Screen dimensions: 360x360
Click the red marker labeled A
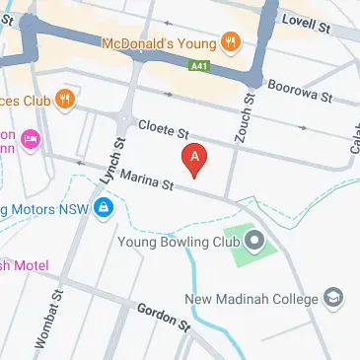(x=195, y=158)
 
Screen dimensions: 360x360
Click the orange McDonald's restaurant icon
(x=230, y=41)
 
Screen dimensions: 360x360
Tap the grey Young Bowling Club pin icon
(x=255, y=239)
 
